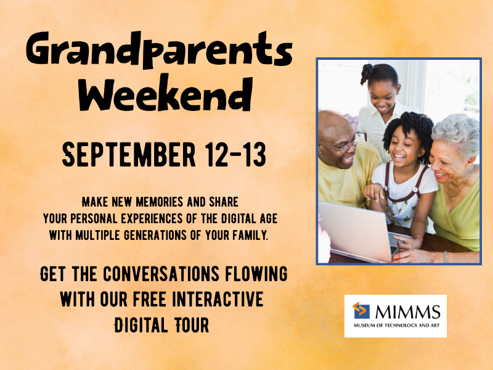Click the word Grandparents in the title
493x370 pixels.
point(160,50)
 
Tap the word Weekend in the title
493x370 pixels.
point(166,93)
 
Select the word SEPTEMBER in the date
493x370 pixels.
point(129,155)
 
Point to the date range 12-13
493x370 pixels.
point(235,155)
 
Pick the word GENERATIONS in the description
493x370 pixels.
point(155,236)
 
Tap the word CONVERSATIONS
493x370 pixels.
point(161,274)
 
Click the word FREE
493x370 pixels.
point(149,299)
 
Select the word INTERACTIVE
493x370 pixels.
point(218,299)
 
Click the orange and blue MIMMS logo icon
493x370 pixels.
point(361,310)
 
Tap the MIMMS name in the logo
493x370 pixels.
point(408,312)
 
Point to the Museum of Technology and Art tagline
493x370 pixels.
point(396,326)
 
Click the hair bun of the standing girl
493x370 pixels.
point(366,73)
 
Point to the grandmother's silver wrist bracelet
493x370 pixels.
point(446,257)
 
